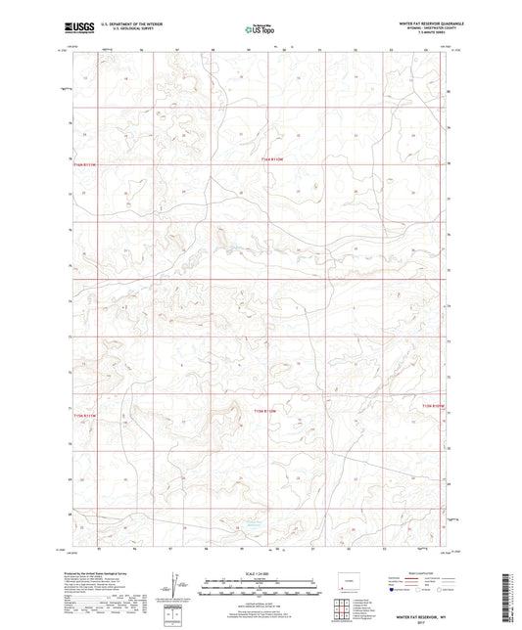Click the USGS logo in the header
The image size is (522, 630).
(x=74, y=28)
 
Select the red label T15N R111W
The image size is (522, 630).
(x=266, y=413)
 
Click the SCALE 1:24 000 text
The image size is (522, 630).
(x=261, y=572)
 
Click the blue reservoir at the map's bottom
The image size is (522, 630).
(x=253, y=524)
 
